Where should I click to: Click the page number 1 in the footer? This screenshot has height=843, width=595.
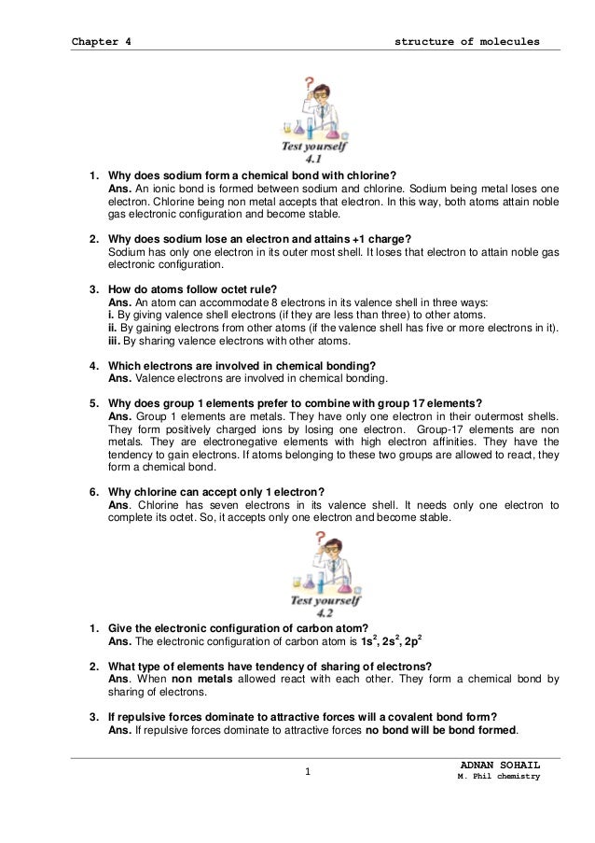tap(307, 770)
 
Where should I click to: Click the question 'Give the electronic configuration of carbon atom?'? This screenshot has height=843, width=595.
tap(239, 626)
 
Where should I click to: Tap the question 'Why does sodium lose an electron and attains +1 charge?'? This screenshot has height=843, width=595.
tap(260, 238)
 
